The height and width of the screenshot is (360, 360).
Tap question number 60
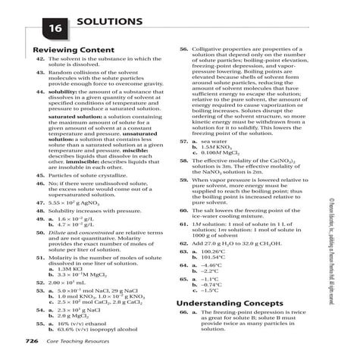(x=183, y=210)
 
